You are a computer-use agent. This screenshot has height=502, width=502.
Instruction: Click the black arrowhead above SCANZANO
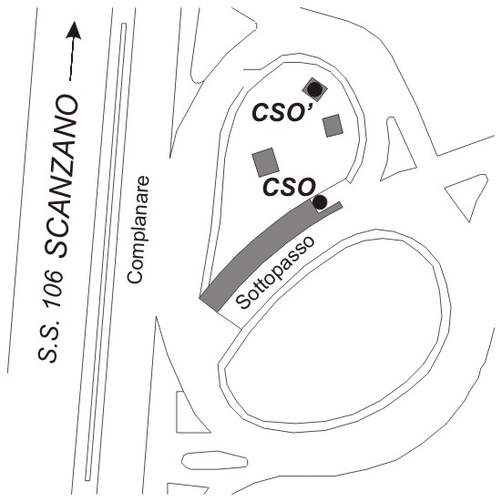click(74, 30)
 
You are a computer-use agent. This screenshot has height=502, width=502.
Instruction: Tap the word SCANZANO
click(61, 177)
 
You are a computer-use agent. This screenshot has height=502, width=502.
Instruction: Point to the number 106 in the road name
click(54, 290)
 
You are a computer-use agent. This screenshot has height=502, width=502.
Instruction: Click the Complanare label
click(138, 230)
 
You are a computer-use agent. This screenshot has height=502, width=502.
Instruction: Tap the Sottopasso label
click(275, 272)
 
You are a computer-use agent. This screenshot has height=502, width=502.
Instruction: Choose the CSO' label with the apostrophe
click(282, 112)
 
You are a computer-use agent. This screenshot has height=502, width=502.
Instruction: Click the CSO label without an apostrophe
click(289, 187)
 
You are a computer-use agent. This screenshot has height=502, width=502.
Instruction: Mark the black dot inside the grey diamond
click(314, 89)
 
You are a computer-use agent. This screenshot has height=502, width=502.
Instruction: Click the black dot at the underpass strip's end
click(320, 201)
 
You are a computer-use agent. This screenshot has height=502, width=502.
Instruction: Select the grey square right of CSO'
click(333, 126)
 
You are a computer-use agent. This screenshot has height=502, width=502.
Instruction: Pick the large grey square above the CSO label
click(266, 162)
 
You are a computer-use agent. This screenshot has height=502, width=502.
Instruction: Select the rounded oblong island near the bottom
click(214, 460)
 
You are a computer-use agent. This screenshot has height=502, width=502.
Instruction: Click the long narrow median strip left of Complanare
click(106, 251)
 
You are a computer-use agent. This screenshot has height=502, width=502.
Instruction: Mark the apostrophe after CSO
click(309, 105)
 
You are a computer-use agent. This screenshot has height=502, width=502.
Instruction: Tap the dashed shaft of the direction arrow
click(73, 59)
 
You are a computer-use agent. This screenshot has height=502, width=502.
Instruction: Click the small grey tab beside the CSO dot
click(333, 207)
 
